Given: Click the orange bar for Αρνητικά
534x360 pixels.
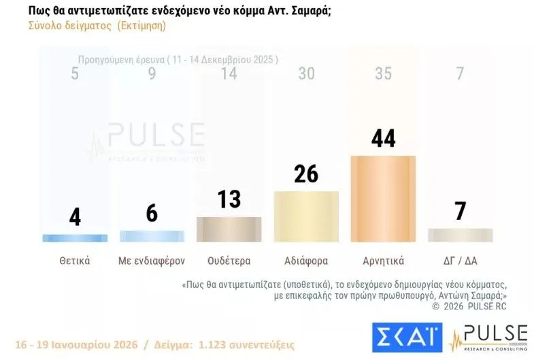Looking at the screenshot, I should tap(383, 198).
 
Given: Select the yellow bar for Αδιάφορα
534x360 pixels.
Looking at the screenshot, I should tap(306, 216).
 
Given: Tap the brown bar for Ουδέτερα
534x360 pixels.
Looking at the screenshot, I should tap(229, 229).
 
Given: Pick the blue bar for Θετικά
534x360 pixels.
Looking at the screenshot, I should tap(74, 238).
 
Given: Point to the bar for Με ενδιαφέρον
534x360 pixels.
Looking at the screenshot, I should tap(152, 236).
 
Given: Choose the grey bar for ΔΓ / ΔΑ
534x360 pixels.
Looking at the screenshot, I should tap(460, 235).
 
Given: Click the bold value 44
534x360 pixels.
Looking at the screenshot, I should tap(383, 138).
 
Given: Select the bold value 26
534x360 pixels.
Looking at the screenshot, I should tap(306, 174).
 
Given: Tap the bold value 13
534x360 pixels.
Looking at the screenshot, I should tap(229, 199).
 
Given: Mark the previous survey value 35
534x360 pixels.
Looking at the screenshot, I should tap(383, 73).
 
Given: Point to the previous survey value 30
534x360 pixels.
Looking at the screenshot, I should tap(306, 73).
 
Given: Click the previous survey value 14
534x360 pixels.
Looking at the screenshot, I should tap(229, 73).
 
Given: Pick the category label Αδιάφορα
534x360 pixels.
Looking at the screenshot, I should tap(306, 261).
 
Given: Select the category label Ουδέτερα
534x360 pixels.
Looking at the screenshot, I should tap(229, 261).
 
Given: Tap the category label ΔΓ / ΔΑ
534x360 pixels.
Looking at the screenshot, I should tap(460, 261).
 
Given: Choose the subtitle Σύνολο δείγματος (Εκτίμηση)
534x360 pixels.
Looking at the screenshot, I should tap(97, 26).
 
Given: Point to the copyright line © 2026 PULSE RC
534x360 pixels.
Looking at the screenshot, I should tap(469, 306).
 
